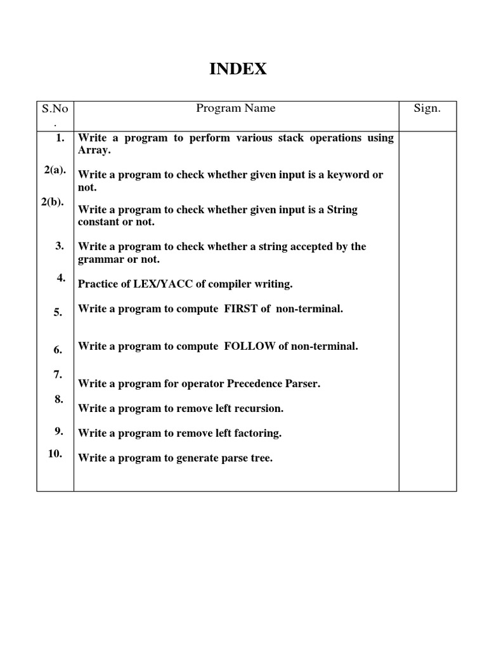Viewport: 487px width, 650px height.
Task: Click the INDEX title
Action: pos(238,70)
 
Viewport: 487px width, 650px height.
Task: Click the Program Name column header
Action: pos(235,108)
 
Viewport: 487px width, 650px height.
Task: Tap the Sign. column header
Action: pos(427,108)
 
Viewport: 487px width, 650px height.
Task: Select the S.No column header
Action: pos(55,109)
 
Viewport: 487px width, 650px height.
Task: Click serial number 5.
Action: pos(58,312)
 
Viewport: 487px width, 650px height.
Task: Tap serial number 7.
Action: pos(58,375)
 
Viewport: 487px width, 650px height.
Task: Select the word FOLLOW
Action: pos(250,347)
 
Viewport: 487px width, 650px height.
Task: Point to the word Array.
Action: pos(94,151)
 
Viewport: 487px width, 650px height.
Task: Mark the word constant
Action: pos(99,222)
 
